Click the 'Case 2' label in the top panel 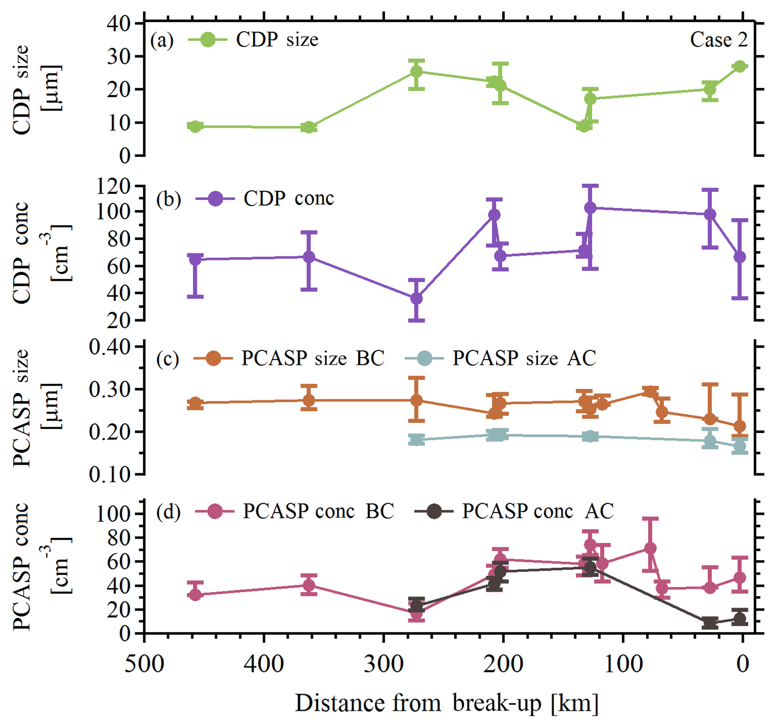pyautogui.click(x=719, y=40)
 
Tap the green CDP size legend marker pyautogui.click(x=208, y=40)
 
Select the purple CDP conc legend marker pyautogui.click(x=215, y=198)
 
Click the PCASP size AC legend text pyautogui.click(x=524, y=358)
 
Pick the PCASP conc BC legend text pyautogui.click(x=318, y=511)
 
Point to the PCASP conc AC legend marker pyautogui.click(x=434, y=511)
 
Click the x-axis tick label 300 pyautogui.click(x=383, y=663)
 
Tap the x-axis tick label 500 pyautogui.click(x=144, y=663)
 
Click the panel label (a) pyautogui.click(x=161, y=40)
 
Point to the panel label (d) pyautogui.click(x=168, y=512)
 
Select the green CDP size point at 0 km pyautogui.click(x=739, y=66)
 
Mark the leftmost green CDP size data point pyautogui.click(x=195, y=127)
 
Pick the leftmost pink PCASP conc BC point pyautogui.click(x=195, y=595)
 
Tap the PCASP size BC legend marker pyautogui.click(x=213, y=358)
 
